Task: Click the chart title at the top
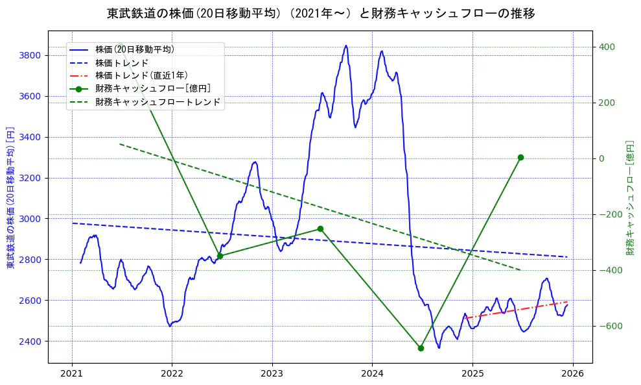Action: point(320,13)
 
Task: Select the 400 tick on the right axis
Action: point(607,47)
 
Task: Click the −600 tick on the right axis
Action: point(609,326)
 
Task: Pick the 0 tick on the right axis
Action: point(601,158)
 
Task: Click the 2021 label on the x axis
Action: point(72,374)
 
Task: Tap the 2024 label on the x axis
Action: point(372,374)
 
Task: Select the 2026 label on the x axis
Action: point(572,374)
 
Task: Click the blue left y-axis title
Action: point(10,197)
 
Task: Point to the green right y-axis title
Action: point(629,197)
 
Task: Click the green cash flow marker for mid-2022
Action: point(220,256)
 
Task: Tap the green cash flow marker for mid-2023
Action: point(320,229)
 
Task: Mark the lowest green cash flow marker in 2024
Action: point(421,348)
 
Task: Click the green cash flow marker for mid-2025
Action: point(520,157)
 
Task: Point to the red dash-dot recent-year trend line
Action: point(519,310)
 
